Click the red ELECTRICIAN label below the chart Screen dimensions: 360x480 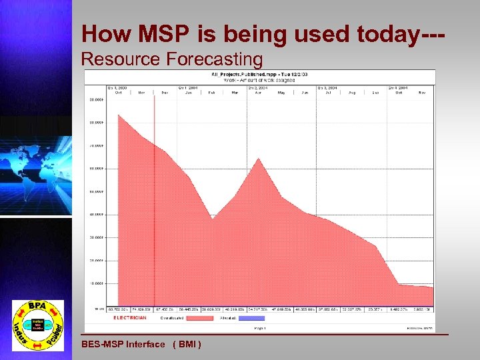(130, 318)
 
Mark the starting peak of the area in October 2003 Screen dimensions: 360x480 (119, 115)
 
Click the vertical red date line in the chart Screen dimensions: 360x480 (155, 200)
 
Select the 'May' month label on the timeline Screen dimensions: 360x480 (281, 93)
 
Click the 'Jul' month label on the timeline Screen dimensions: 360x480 (329, 93)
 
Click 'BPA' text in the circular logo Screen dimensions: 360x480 (37, 307)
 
